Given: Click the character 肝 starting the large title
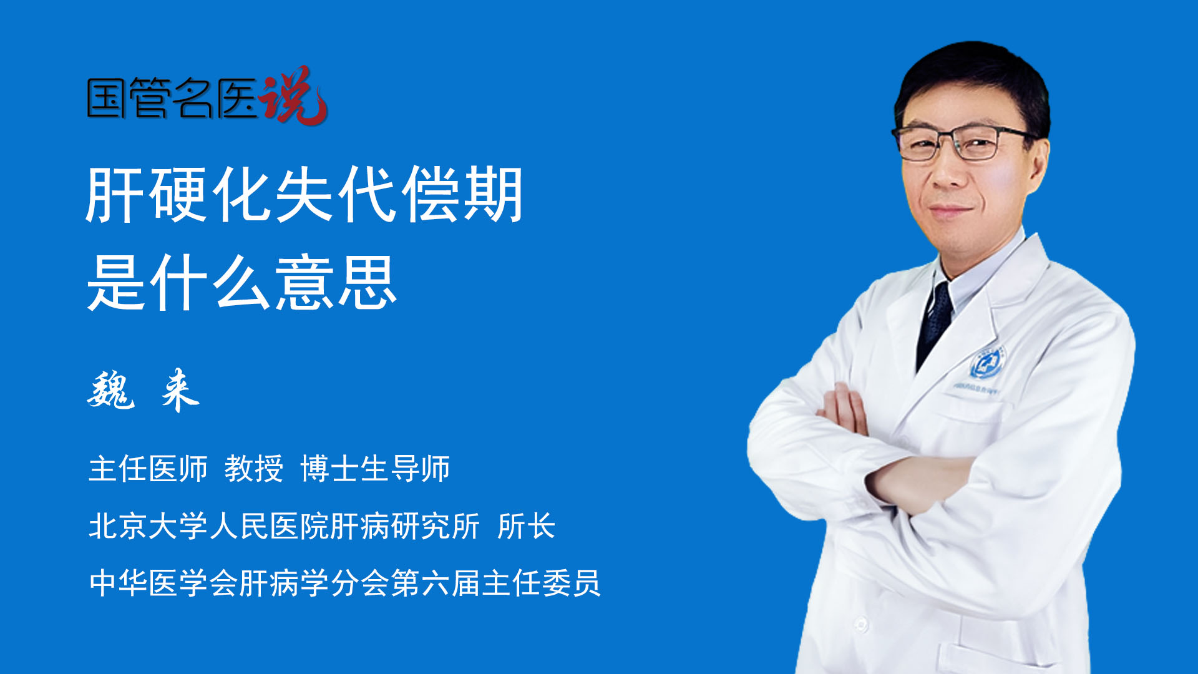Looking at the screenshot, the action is pos(116,195).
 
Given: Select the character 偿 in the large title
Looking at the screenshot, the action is pos(431,195).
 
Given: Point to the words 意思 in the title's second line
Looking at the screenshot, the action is pos(336,283).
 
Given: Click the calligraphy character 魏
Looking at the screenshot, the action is pos(111,390).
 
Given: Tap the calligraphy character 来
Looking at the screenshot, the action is pos(180,390).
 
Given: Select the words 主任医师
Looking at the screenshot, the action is pos(148,469).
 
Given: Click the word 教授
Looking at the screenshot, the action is pos(254,469).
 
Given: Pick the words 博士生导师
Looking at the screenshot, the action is pos(375,469).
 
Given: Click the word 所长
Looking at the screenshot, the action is pos(527,526).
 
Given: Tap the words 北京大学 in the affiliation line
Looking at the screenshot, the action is pos(148,526).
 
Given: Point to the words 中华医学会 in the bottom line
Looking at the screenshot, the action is pos(163,584).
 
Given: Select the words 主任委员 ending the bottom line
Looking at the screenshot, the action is pos(541,584).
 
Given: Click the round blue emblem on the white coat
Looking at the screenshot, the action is pos(987,363).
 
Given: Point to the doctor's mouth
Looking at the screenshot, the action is pos(950,210).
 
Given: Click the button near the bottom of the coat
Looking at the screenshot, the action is pos(861,623).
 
